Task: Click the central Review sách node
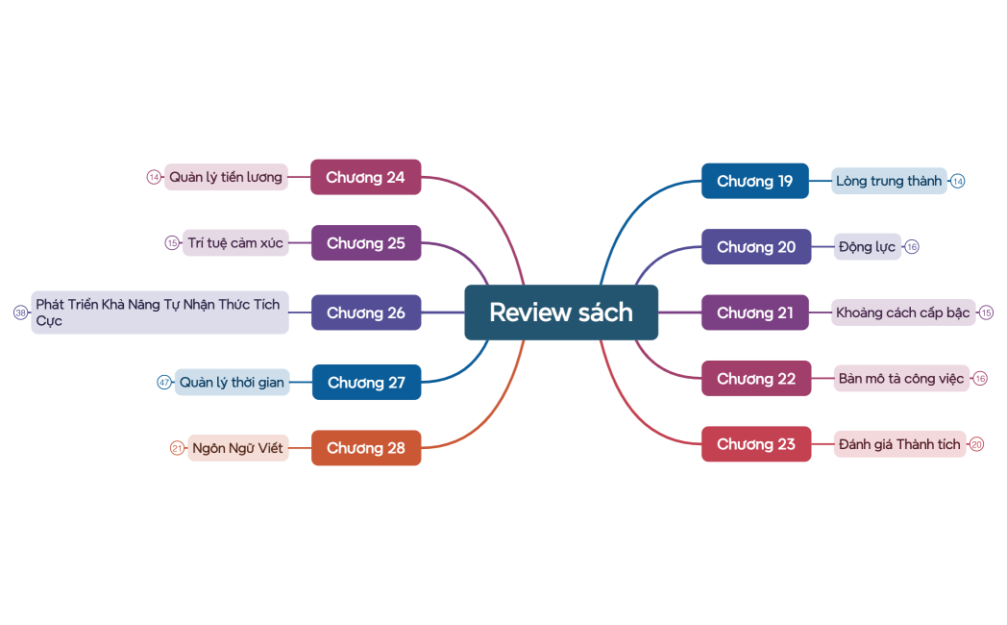(561, 312)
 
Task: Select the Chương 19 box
(755, 181)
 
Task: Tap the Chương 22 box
(756, 379)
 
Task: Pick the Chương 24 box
(365, 177)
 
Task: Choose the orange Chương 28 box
(366, 448)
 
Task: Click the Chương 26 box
(366, 312)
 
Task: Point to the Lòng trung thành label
(889, 181)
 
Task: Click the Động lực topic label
(867, 247)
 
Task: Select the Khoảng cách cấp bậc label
(902, 312)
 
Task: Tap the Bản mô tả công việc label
(900, 379)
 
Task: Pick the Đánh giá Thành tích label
(899, 444)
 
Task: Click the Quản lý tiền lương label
(226, 177)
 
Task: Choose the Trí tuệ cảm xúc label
(235, 243)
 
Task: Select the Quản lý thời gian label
(232, 383)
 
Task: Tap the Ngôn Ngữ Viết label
(237, 448)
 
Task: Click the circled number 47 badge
(164, 383)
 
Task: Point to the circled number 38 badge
(20, 312)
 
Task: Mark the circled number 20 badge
(977, 444)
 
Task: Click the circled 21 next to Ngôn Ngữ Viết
(177, 448)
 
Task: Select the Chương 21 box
(755, 312)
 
